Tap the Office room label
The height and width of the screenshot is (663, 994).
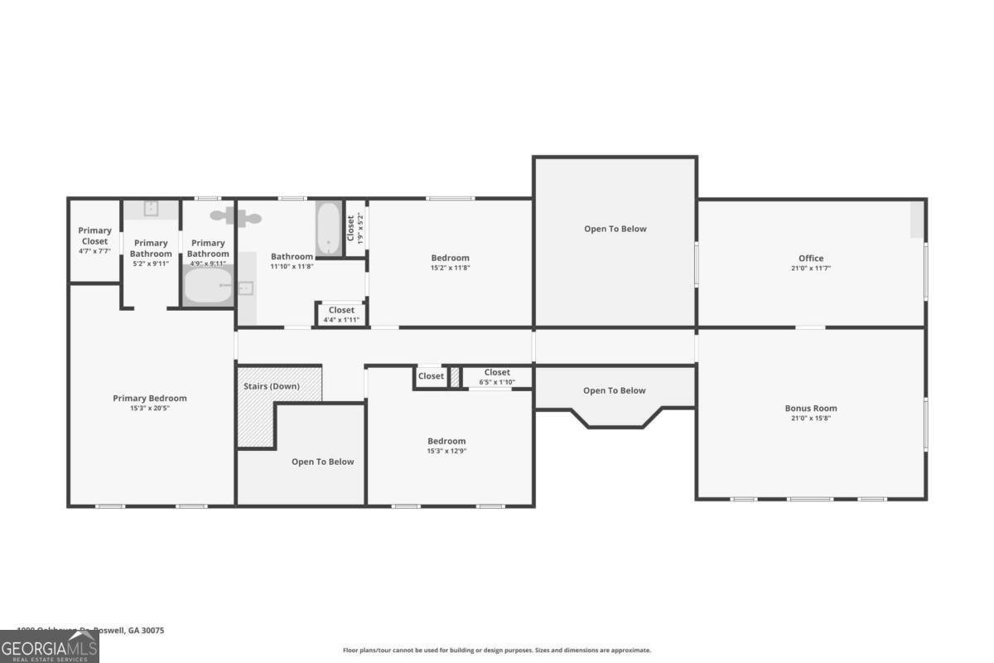point(811,258)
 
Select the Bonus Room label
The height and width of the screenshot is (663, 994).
point(811,408)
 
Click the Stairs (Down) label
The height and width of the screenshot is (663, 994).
point(272,386)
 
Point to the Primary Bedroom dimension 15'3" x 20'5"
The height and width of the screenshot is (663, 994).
point(150,408)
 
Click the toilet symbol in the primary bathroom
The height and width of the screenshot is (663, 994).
point(236,217)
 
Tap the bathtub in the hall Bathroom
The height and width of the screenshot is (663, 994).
point(329,229)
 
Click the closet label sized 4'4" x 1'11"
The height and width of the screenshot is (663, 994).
point(341,310)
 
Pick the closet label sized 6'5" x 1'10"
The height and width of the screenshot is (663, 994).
point(497,372)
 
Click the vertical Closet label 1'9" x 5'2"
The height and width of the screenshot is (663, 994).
point(350,228)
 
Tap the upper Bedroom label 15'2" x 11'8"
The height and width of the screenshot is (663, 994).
point(450,258)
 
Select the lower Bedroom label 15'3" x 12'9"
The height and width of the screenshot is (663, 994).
point(446,441)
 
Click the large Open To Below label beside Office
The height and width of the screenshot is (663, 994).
point(615,229)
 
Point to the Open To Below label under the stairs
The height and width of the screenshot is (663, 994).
point(322,462)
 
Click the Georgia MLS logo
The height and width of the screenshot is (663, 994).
point(49,646)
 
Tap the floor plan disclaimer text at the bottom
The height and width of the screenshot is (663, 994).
point(497,651)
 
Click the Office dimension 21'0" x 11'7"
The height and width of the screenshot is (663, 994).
point(811,268)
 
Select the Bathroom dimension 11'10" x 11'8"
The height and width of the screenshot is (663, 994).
point(292,267)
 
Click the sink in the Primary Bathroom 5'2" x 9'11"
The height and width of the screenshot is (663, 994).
point(151,209)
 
